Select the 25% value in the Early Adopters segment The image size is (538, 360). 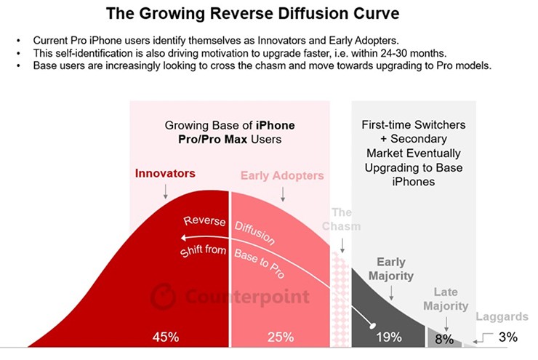280,337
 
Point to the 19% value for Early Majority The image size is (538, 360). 389,337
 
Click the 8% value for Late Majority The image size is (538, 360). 444,338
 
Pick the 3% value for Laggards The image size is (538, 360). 508,337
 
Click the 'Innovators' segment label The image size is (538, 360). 166,175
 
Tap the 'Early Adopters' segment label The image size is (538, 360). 283,175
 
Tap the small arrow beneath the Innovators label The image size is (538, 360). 166,191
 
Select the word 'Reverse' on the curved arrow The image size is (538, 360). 204,220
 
